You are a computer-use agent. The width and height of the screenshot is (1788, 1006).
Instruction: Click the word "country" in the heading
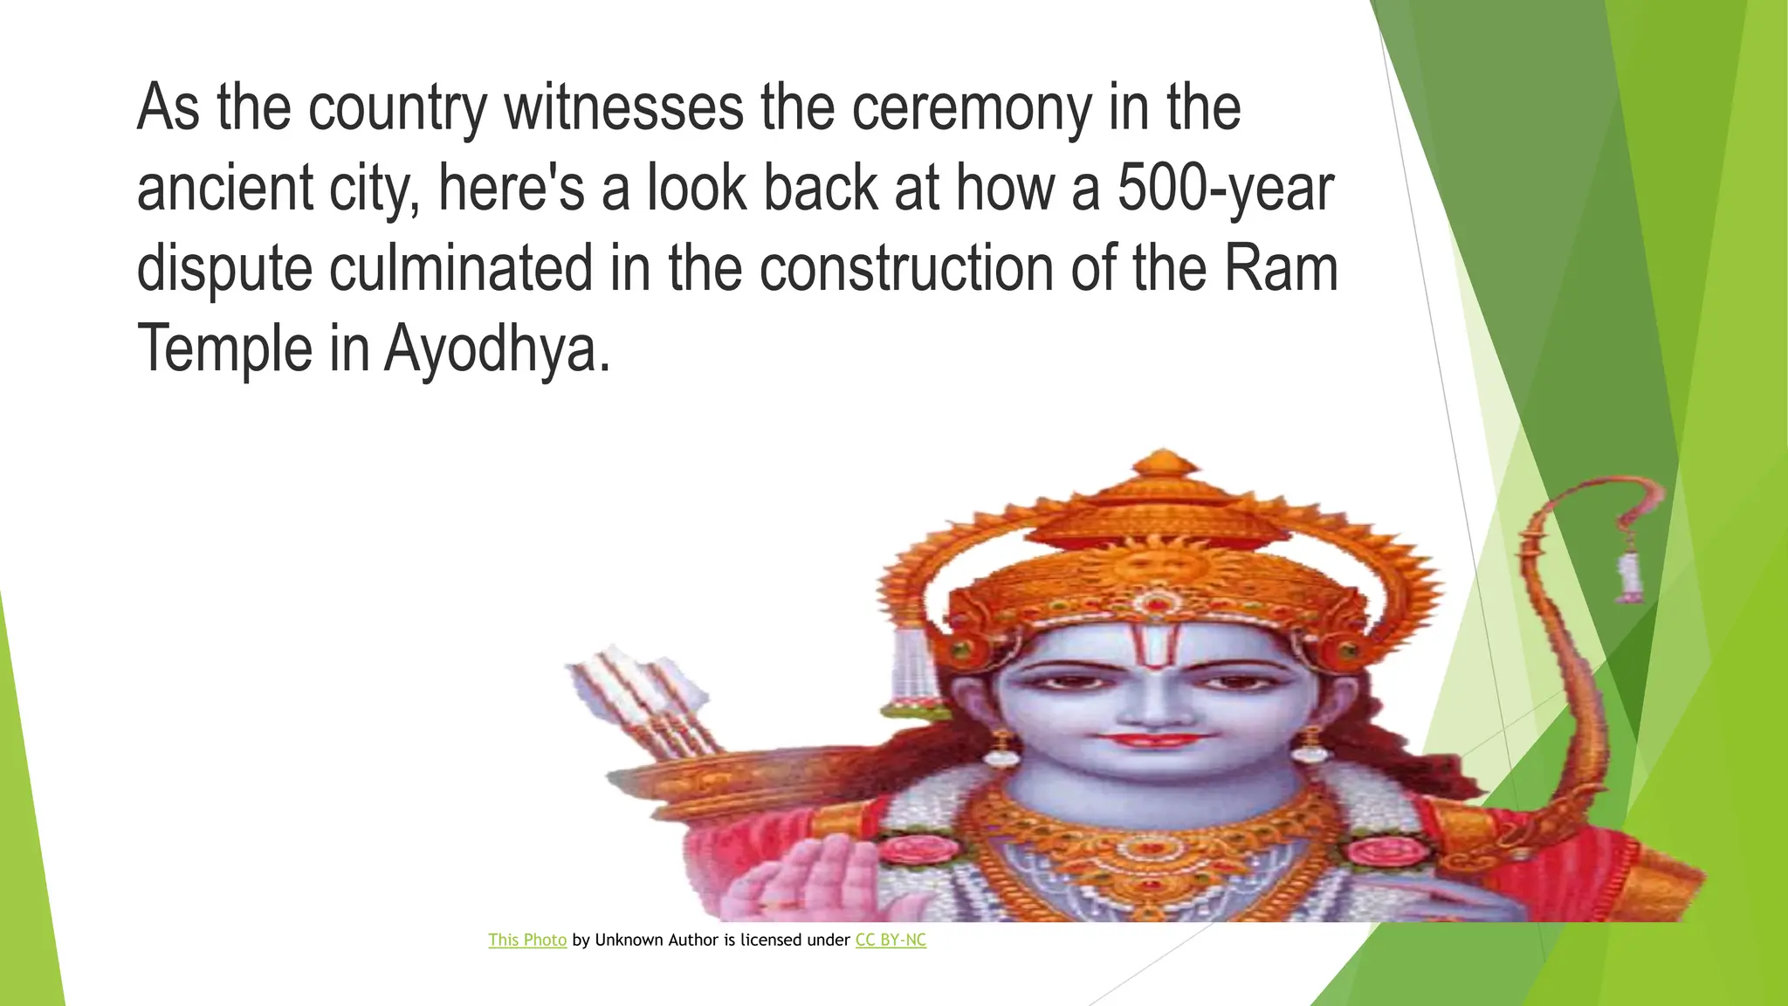point(397,108)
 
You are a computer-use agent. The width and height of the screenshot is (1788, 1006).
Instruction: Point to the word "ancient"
point(224,188)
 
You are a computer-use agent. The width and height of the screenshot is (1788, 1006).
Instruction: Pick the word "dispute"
point(224,269)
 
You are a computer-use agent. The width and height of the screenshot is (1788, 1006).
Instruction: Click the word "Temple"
point(224,348)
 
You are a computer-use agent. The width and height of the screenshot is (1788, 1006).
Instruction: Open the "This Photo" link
point(527,940)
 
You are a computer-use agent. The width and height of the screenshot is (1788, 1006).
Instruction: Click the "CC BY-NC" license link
point(891,940)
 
